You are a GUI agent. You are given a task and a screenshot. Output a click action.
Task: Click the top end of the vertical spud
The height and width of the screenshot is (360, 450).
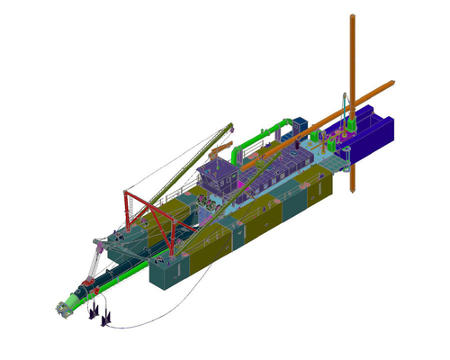coord(350,16)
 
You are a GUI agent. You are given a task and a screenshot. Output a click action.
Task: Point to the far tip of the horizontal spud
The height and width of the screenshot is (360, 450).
coord(392,84)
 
